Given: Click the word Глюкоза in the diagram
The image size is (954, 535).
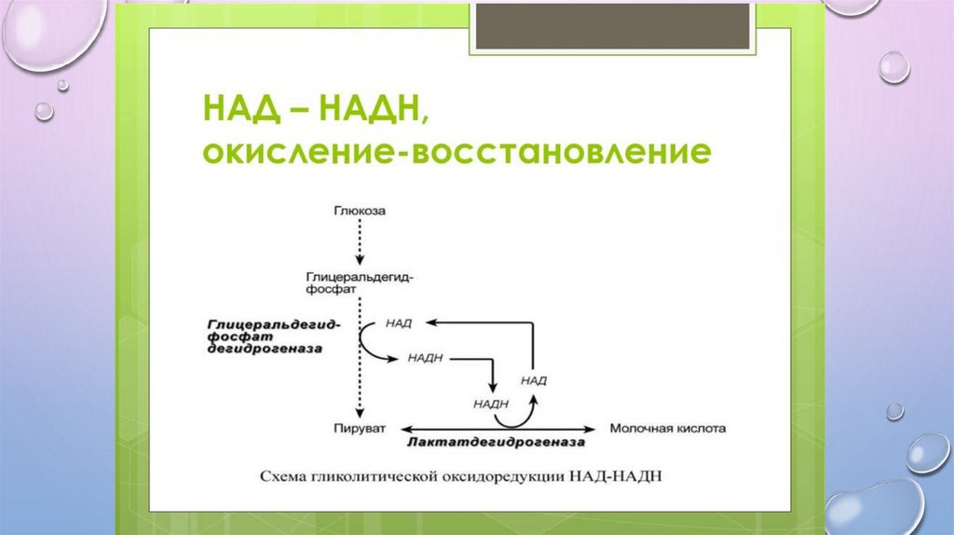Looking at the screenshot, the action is [x=360, y=212].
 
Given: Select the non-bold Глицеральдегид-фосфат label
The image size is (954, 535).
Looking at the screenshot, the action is [x=360, y=283].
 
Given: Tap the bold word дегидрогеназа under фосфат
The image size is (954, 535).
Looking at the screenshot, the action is [x=265, y=348].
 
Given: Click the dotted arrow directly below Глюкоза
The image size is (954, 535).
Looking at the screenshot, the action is [x=360, y=244].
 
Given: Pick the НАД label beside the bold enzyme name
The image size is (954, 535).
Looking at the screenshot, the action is [x=398, y=322].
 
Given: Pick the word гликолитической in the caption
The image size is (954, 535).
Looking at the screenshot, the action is [x=387, y=475].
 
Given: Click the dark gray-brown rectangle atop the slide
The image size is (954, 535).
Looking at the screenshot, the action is [x=613, y=25].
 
